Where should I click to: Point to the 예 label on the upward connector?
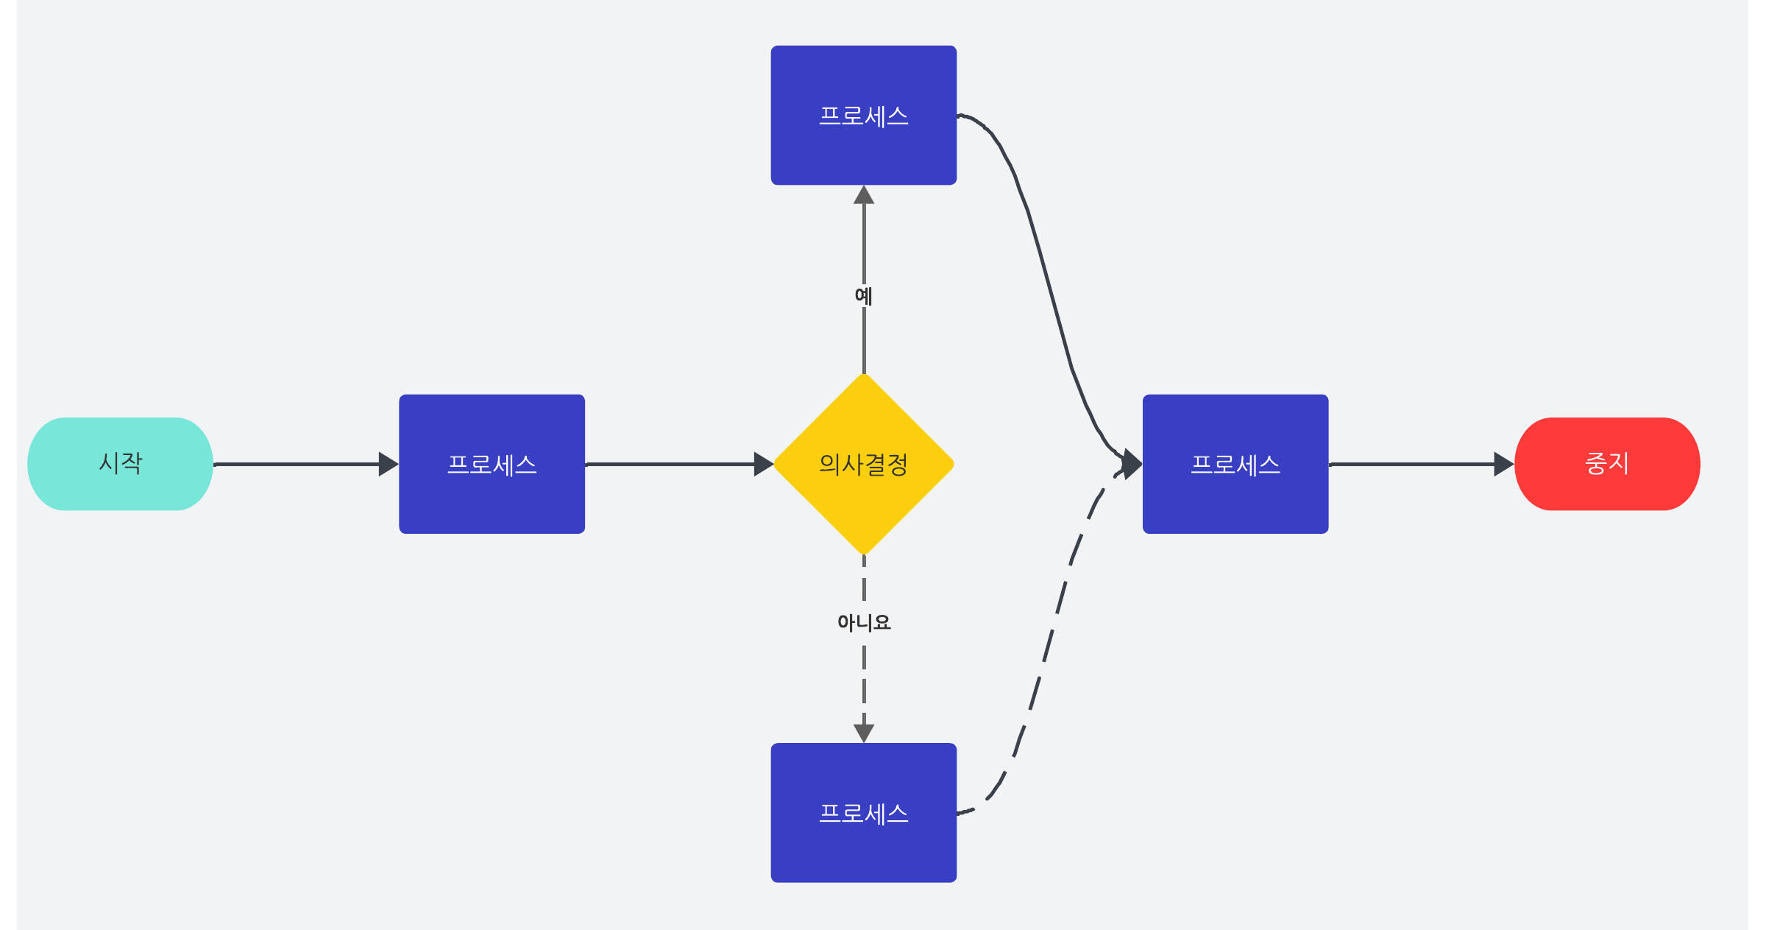click(864, 296)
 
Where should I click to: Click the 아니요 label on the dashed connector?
click(864, 623)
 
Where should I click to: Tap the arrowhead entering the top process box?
click(864, 195)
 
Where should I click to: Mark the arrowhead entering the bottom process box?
click(864, 733)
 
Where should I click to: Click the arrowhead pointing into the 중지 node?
click(1503, 464)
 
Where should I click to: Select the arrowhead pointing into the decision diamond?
click(763, 464)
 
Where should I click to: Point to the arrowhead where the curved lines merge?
click(1132, 464)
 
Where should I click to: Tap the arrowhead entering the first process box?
click(388, 464)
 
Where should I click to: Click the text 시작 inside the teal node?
click(121, 463)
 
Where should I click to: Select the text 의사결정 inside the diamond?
click(864, 465)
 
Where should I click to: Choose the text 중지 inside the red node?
click(1607, 463)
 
